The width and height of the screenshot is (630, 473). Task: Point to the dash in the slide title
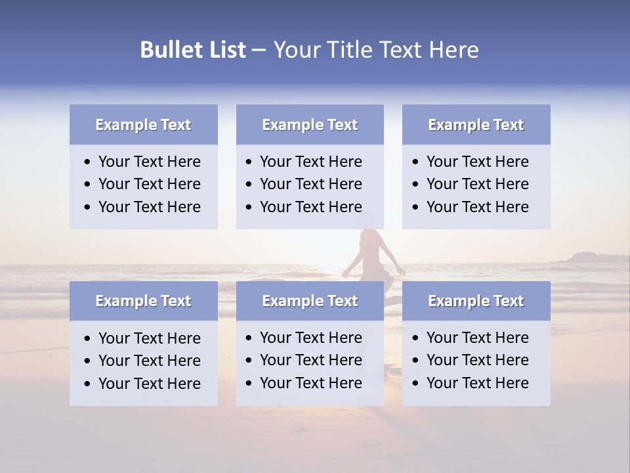tap(259, 51)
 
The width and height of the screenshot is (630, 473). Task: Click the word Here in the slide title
tap(453, 50)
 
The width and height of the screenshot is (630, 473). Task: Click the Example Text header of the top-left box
tap(143, 125)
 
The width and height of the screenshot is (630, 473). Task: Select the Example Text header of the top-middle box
tap(310, 125)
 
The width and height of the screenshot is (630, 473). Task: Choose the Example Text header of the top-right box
tap(476, 125)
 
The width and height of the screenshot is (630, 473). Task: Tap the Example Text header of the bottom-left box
tap(143, 301)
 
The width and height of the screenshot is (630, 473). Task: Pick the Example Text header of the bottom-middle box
tap(310, 301)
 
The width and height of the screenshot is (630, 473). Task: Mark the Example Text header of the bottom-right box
tap(476, 301)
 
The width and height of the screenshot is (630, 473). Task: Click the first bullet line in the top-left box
tap(149, 162)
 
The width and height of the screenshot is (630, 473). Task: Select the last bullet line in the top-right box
tap(477, 207)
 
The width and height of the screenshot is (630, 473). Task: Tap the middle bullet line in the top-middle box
tap(310, 184)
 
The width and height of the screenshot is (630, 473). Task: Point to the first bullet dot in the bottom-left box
tap(88, 339)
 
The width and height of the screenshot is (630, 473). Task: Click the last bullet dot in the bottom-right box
tap(416, 384)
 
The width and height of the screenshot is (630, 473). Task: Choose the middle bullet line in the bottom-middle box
tap(310, 360)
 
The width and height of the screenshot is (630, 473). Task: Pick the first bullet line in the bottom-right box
tap(477, 338)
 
